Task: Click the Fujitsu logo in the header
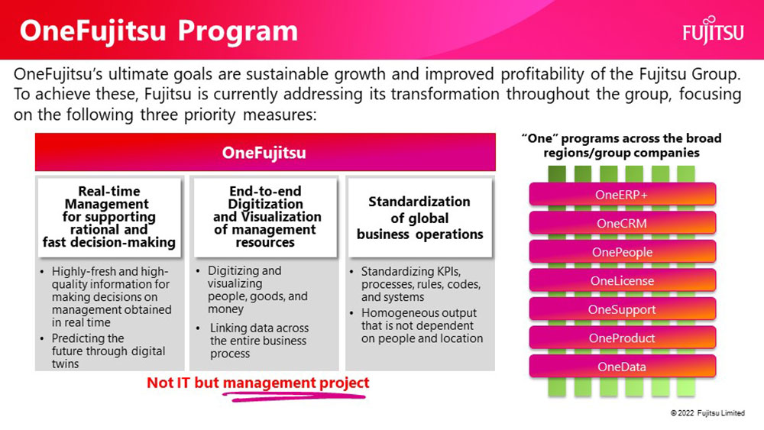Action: (x=713, y=31)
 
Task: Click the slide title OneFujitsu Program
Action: (x=159, y=31)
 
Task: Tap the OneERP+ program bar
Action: (x=622, y=195)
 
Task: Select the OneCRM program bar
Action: (x=622, y=224)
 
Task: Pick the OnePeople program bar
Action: (x=622, y=252)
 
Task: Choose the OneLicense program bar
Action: (x=622, y=281)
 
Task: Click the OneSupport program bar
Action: (x=622, y=310)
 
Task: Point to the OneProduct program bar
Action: (x=622, y=338)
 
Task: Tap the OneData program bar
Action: (x=622, y=367)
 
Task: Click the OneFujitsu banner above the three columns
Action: (x=265, y=152)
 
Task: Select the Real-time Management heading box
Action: (x=109, y=217)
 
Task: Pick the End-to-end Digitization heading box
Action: (x=266, y=217)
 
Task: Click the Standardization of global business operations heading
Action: (x=419, y=218)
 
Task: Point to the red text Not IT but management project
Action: (x=257, y=383)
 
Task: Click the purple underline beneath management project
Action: (x=294, y=397)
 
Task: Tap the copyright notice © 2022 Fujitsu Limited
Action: (x=707, y=413)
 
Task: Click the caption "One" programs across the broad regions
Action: (x=621, y=146)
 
